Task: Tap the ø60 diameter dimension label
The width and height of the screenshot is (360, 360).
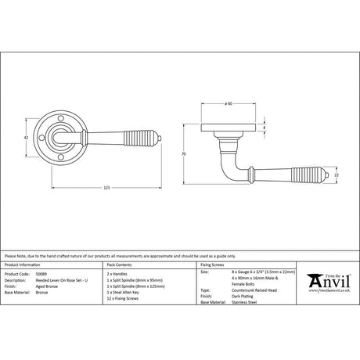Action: click(227, 103)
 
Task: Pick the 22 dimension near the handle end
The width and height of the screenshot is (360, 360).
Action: click(337, 177)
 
